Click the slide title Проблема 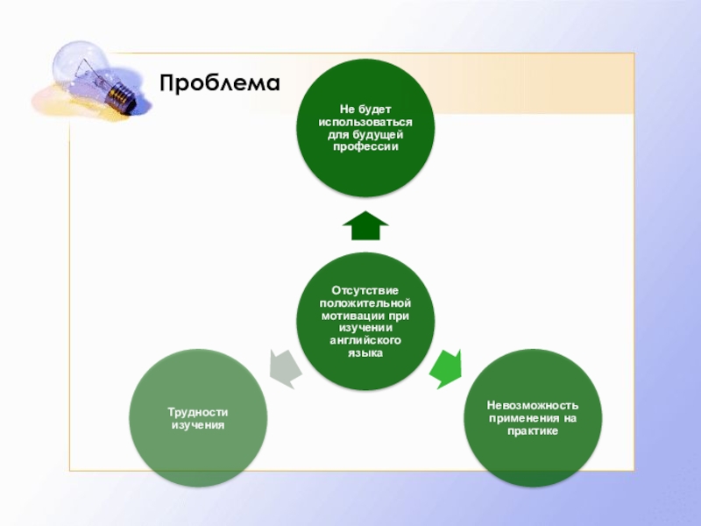pyautogui.click(x=219, y=83)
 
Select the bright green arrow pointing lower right pyautogui.click(x=448, y=369)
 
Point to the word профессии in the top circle pyautogui.click(x=365, y=146)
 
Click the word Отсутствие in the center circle pyautogui.click(x=365, y=290)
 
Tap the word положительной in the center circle pyautogui.click(x=365, y=302)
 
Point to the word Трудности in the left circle pyautogui.click(x=198, y=412)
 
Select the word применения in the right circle pyautogui.click(x=522, y=418)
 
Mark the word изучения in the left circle pyautogui.click(x=198, y=424)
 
